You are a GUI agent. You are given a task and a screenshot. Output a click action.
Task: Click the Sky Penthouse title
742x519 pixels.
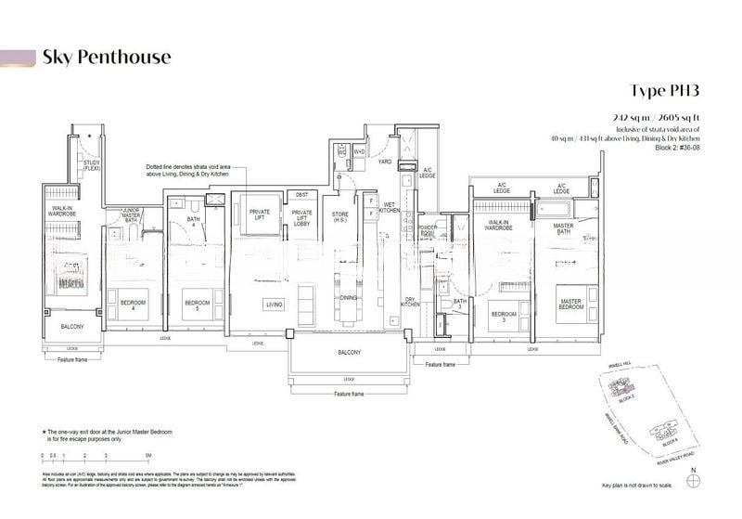coord(107,58)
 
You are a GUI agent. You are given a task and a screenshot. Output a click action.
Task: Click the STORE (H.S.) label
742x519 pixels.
coord(339,218)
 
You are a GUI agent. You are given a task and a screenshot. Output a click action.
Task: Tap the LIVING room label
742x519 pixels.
coord(275,304)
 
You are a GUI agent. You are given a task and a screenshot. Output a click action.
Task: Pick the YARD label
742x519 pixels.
coord(384,161)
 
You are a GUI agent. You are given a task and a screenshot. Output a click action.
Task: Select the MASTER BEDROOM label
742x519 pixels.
coord(570,304)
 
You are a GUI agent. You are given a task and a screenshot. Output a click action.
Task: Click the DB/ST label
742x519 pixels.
coord(302,195)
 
